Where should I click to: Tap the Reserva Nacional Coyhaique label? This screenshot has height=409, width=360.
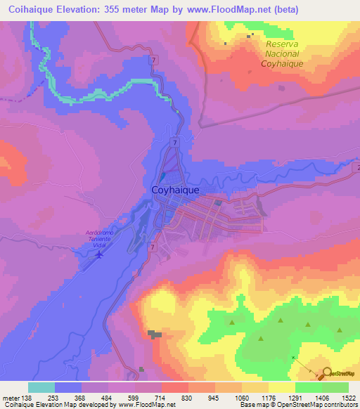(x=283, y=53)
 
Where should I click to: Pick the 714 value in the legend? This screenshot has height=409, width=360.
(x=161, y=398)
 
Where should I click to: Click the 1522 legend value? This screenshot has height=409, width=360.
(x=349, y=398)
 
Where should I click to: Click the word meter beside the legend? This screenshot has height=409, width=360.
(x=12, y=398)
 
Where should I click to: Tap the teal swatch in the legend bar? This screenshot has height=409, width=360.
(x=41, y=387)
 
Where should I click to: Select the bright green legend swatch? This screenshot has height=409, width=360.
(x=309, y=387)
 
